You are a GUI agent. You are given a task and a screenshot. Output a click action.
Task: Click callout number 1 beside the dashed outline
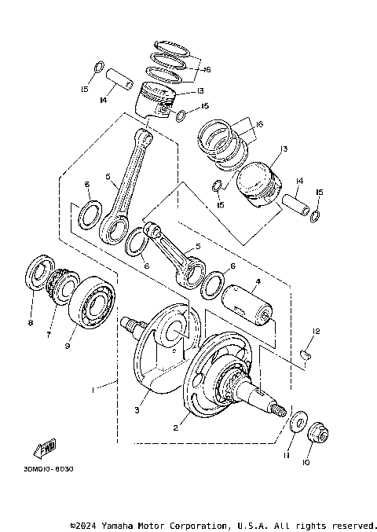(x=93, y=388)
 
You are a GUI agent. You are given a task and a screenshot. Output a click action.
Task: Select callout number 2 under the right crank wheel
(x=176, y=428)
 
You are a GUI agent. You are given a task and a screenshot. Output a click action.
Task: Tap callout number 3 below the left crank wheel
(x=137, y=409)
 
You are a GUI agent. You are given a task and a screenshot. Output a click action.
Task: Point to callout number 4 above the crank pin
(x=258, y=281)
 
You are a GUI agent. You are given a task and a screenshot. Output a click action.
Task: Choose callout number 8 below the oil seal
(x=30, y=322)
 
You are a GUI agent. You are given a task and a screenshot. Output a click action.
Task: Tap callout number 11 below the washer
(x=287, y=454)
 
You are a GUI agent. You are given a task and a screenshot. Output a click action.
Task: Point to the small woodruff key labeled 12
(x=309, y=354)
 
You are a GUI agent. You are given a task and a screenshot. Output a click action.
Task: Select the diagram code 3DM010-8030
(x=43, y=469)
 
